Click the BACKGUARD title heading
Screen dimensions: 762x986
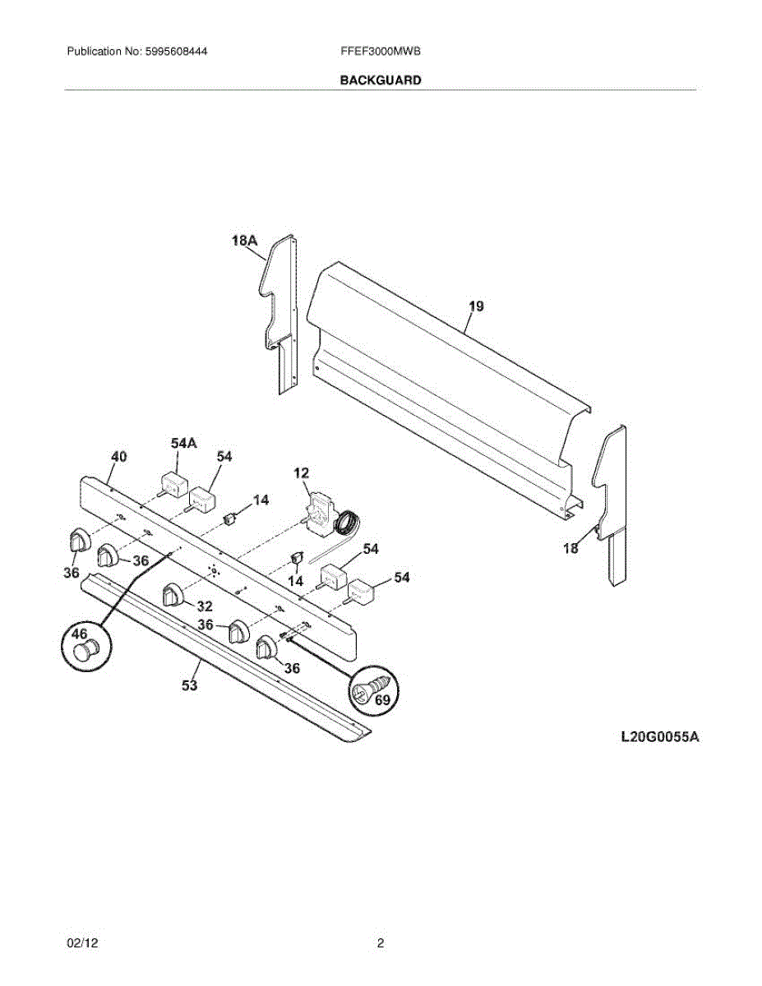tap(381, 81)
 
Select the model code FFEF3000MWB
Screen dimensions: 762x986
tap(381, 51)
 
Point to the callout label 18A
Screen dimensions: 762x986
tap(245, 241)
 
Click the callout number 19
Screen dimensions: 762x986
tap(476, 306)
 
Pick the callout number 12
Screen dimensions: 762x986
tap(302, 472)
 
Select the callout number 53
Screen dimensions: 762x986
tap(190, 686)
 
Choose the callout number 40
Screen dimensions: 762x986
tap(119, 458)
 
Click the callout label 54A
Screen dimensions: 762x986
tap(183, 443)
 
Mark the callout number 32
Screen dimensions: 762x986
tap(204, 606)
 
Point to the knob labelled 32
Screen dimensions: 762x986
tap(173, 594)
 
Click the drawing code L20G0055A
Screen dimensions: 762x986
tap(659, 737)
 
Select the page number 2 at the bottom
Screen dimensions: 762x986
tap(381, 944)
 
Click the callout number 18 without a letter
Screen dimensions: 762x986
tap(570, 548)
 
